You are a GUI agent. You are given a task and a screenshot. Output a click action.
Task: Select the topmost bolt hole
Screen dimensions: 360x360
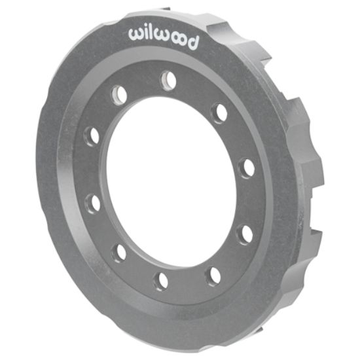tap(169, 80)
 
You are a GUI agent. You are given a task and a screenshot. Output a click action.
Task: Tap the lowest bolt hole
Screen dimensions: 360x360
tap(160, 281)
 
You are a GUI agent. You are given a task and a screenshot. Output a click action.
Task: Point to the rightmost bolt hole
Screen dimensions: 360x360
tap(247, 168)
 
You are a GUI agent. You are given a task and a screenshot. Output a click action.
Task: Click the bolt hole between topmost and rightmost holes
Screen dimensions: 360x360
tap(219, 113)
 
